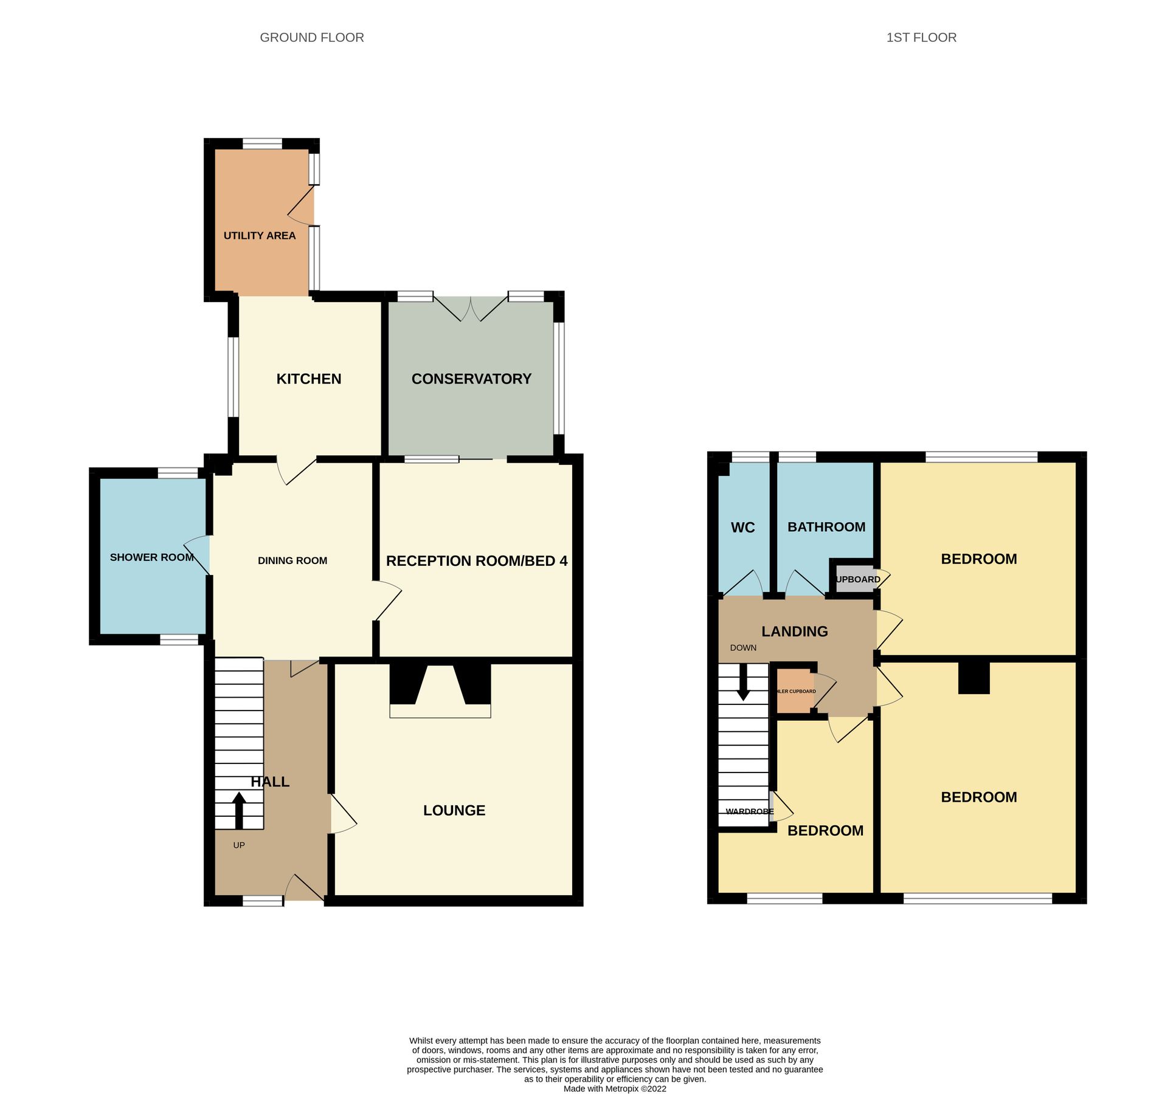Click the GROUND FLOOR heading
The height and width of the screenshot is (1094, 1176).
311,38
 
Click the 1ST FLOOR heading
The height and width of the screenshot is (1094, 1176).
921,38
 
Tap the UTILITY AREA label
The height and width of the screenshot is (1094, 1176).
259,236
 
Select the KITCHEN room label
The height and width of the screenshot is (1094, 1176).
308,379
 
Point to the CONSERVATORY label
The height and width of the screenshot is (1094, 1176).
471,379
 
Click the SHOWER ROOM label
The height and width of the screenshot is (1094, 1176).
151,557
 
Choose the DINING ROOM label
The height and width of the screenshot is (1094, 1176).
292,560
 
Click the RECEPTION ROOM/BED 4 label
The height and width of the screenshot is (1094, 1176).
476,560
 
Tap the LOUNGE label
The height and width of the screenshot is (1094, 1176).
454,810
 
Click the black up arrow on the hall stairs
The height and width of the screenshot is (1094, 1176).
239,810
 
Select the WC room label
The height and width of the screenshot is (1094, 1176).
742,528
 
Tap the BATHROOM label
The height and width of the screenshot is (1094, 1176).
826,527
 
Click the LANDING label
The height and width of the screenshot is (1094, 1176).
794,631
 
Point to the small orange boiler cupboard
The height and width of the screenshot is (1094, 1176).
794,691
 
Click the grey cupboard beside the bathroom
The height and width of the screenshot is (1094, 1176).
855,579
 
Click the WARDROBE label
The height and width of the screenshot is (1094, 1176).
749,811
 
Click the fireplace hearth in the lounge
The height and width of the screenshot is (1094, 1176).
440,710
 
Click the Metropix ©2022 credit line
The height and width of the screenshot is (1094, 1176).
614,1089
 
